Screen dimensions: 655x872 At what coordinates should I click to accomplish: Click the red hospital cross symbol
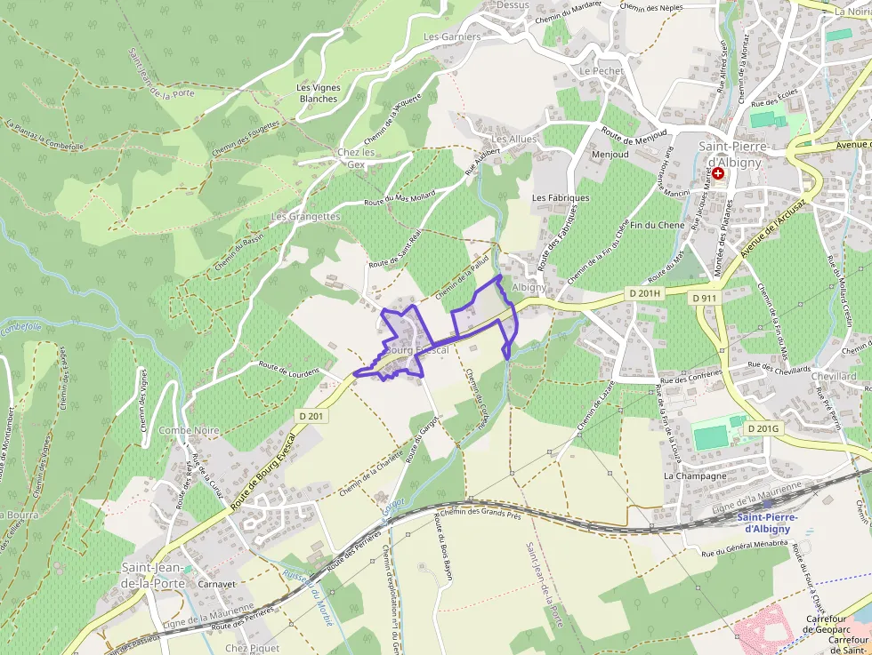pyautogui.click(x=718, y=173)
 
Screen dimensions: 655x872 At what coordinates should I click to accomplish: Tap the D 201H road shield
pyautogui.click(x=643, y=293)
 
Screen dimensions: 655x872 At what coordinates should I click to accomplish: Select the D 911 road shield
pyautogui.click(x=704, y=298)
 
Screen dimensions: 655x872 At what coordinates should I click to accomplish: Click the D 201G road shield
pyautogui.click(x=763, y=428)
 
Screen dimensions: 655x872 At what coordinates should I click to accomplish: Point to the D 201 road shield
pyautogui.click(x=311, y=415)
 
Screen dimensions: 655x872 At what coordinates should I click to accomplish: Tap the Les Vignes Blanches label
pyautogui.click(x=319, y=93)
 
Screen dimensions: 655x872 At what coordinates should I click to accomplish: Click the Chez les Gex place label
pyautogui.click(x=356, y=158)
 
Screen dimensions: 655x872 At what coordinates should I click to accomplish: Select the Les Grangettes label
pyautogui.click(x=305, y=216)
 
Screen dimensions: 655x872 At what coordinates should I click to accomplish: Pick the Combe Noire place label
pyautogui.click(x=189, y=430)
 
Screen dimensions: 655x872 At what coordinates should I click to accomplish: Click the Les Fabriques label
pyautogui.click(x=561, y=197)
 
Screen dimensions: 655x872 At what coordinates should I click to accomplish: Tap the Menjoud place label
pyautogui.click(x=610, y=154)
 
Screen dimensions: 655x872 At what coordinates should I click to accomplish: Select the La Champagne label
pyautogui.click(x=695, y=475)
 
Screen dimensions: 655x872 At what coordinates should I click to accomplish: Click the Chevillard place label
pyautogui.click(x=834, y=376)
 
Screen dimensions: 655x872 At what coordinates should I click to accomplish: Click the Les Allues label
pyautogui.click(x=514, y=140)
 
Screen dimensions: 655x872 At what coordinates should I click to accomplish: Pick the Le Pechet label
pyautogui.click(x=601, y=70)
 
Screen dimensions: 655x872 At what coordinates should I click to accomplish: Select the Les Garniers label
pyautogui.click(x=452, y=36)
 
